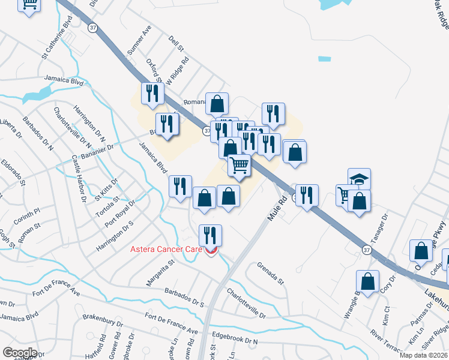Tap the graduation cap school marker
(359, 179)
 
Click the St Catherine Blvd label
(57, 37)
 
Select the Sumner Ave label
(140, 38)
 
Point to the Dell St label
(175, 42)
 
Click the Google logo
(19, 353)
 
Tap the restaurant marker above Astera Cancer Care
(210, 235)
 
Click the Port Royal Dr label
(121, 213)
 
